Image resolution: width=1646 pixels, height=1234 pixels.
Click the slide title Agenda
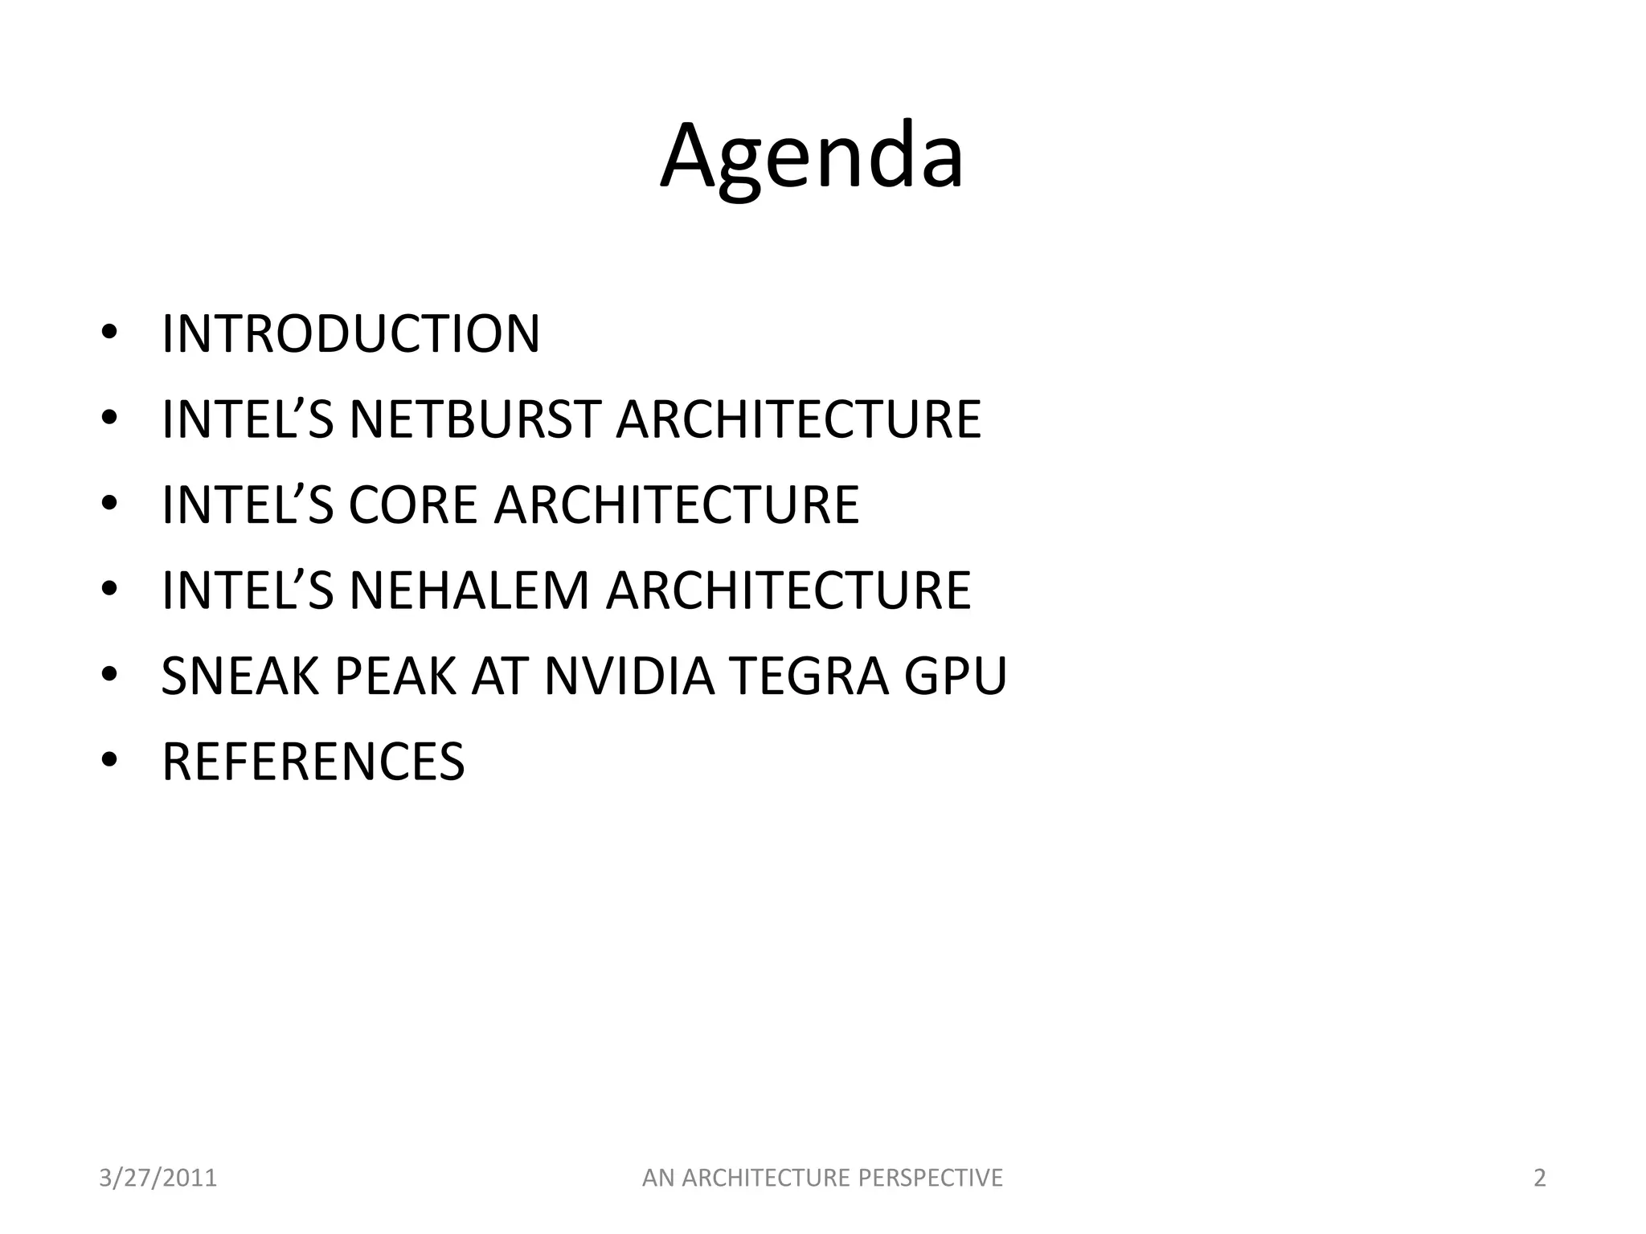coord(812,157)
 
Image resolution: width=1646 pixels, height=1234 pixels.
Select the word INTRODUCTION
coord(350,333)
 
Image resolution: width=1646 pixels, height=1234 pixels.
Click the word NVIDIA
coord(629,676)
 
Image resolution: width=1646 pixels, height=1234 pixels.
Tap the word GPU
coord(956,676)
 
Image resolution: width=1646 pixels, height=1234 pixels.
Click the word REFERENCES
coord(313,762)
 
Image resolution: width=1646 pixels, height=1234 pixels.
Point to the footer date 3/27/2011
coord(158,1179)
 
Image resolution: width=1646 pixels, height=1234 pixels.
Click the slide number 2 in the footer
coord(1540,1179)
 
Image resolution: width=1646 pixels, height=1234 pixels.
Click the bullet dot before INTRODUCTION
coord(111,333)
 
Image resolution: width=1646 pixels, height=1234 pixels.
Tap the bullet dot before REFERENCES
coord(111,760)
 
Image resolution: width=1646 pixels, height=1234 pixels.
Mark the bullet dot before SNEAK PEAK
coord(111,675)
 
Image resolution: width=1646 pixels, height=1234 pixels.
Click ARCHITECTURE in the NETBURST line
coord(798,419)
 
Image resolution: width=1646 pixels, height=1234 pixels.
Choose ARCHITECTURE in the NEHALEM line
coord(788,590)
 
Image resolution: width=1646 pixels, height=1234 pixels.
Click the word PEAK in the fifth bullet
coord(395,676)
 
